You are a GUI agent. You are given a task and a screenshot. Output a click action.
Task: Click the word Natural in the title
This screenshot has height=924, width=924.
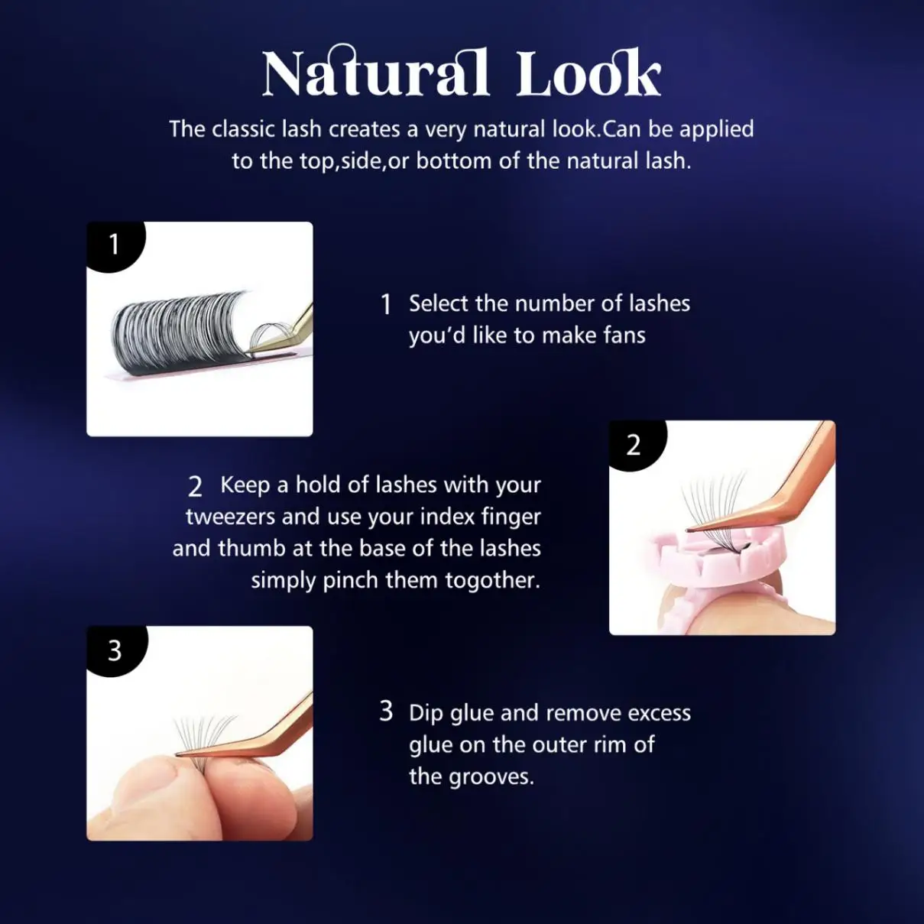(x=374, y=73)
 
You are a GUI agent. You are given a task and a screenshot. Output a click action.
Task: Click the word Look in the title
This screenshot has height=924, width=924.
(x=588, y=73)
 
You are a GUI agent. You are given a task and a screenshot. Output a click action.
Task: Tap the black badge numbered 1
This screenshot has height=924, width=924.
(x=114, y=244)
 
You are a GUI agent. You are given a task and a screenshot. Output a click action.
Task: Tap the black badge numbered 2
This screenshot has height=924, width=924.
(x=634, y=444)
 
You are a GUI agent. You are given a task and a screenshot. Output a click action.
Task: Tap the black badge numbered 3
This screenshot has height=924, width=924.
(x=115, y=650)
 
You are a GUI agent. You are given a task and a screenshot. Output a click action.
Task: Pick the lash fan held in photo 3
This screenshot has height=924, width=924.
(x=203, y=734)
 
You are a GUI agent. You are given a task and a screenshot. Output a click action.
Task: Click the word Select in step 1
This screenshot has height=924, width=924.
(x=439, y=303)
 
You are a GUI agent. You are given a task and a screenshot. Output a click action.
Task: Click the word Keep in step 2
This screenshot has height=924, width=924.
(x=244, y=485)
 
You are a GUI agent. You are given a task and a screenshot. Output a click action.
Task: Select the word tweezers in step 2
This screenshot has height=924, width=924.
(x=231, y=517)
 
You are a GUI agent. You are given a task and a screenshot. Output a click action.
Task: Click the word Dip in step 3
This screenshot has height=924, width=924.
(x=426, y=713)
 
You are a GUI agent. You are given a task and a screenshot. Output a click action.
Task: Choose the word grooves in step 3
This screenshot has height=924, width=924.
(x=491, y=777)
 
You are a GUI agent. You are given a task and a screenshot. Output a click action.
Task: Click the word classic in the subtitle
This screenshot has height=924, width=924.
(x=245, y=129)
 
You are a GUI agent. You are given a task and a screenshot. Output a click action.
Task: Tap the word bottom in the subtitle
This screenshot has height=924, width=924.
(x=454, y=161)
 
